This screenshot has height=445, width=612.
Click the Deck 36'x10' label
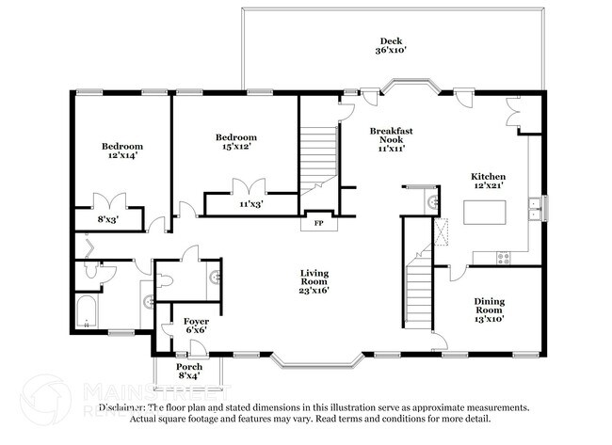point(391,47)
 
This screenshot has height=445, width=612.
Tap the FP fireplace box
point(318,223)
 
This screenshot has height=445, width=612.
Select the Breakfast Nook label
point(391,139)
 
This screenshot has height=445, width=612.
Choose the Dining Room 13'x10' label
point(488,309)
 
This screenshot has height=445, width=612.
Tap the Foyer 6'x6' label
point(196,326)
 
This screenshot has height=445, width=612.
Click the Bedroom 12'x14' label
point(122,152)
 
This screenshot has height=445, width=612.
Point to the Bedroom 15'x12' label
point(236,142)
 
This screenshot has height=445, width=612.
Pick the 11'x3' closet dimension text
point(250,203)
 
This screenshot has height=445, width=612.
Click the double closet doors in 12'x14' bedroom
point(111,200)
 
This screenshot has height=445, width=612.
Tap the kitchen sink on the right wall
point(534,207)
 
